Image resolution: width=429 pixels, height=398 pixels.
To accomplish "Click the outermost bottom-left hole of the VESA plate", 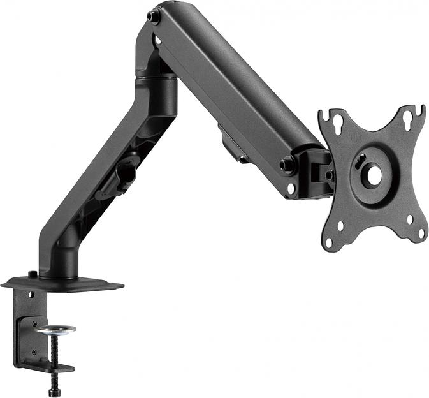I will pyautogui.click(x=329, y=242).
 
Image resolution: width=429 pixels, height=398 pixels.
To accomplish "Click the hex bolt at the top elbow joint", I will pyautogui.click(x=152, y=17).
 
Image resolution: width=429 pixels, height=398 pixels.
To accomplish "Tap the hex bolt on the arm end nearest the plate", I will pyautogui.click(x=287, y=165).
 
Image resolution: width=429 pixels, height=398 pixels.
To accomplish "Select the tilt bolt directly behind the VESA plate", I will pyautogui.click(x=329, y=174).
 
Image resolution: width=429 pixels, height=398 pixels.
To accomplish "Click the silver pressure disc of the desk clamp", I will pyautogui.click(x=55, y=330).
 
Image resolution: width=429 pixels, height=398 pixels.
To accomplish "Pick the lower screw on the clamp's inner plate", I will pyautogui.click(x=34, y=351).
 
